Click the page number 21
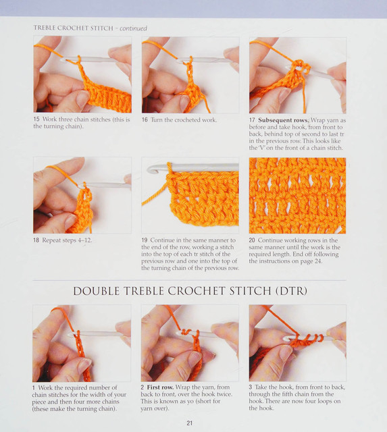click(189, 423)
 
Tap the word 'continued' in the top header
click(133, 28)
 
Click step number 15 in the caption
click(36, 119)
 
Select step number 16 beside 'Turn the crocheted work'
click(145, 120)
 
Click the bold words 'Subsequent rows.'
click(284, 120)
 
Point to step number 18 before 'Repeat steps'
click(36, 240)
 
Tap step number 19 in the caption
click(145, 240)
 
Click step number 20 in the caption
click(252, 240)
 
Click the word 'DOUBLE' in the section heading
click(97, 291)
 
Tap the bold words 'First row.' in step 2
click(160, 387)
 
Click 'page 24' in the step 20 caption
click(311, 261)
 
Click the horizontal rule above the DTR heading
click(189, 281)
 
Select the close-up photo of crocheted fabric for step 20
click(297, 196)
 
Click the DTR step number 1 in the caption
click(34, 387)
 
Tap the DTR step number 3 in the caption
click(251, 387)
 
